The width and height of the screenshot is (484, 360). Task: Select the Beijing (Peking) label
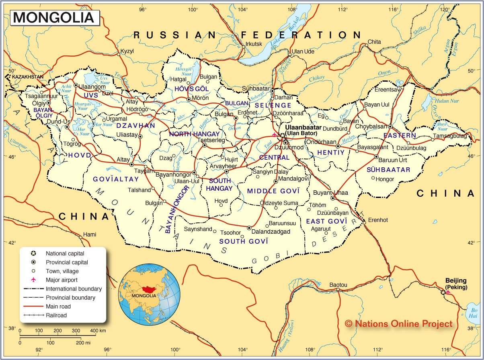pyautogui.click(x=456, y=284)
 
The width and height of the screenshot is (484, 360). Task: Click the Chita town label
pyautogui.click(x=374, y=42)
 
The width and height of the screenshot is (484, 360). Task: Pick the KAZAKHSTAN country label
pyautogui.click(x=27, y=76)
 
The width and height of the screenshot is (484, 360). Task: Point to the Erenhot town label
pyautogui.click(x=378, y=220)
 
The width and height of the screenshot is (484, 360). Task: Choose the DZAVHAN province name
pyautogui.click(x=135, y=125)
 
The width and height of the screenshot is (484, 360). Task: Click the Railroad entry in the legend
pyautogui.click(x=56, y=315)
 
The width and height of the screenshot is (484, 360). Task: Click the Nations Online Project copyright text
pyautogui.click(x=398, y=324)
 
